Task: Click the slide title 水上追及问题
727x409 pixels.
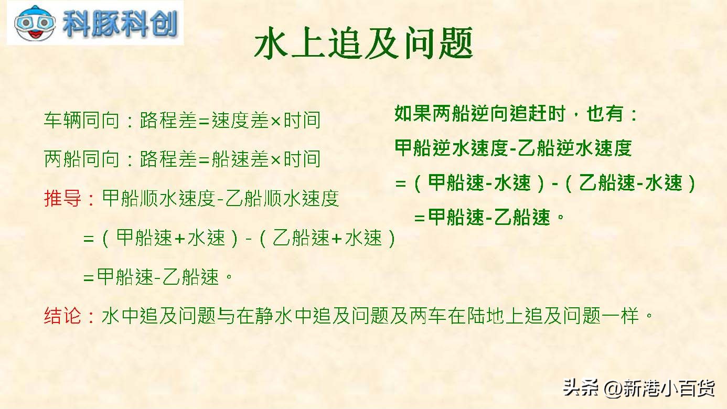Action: click(x=363, y=43)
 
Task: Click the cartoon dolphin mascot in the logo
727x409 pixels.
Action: click(x=35, y=23)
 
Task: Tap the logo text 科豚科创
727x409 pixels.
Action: click(x=120, y=24)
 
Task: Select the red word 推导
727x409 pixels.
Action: click(x=62, y=198)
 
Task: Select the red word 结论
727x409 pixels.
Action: click(x=62, y=315)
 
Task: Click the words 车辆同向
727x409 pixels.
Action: click(x=81, y=120)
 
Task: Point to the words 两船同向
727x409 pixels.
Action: click(x=81, y=159)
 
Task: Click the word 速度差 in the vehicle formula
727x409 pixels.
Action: click(x=240, y=120)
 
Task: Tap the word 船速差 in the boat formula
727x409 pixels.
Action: click(x=240, y=159)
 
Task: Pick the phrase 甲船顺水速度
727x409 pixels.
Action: click(x=159, y=198)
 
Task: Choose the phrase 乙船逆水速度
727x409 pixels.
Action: click(x=574, y=148)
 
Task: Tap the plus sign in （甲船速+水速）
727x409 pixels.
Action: click(x=179, y=239)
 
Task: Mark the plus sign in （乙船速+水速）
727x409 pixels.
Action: click(x=337, y=239)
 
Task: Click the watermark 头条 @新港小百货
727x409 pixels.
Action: click(x=639, y=388)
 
